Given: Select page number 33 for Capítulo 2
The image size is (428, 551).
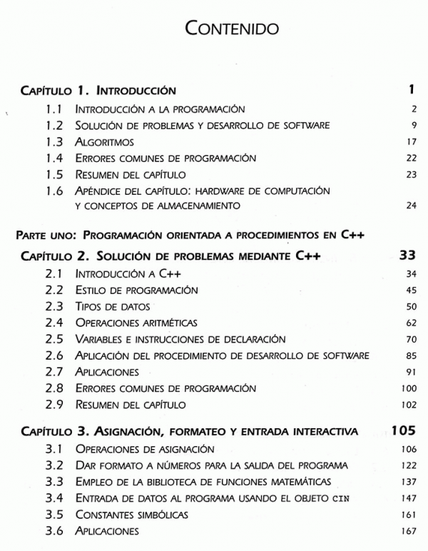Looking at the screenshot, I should pyautogui.click(x=407, y=256).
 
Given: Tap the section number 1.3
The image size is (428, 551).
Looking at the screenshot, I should pyautogui.click(x=56, y=142).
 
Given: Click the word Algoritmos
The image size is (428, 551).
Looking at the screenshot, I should pyautogui.click(x=104, y=142).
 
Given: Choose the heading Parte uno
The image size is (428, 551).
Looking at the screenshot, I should pyautogui.click(x=49, y=234).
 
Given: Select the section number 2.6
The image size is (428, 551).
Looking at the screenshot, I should pyautogui.click(x=56, y=355).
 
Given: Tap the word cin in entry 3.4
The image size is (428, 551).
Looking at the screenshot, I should pyautogui.click(x=341, y=497).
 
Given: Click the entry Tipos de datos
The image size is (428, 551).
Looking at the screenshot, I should pyautogui.click(x=113, y=306).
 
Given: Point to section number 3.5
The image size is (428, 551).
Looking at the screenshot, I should pyautogui.click(x=56, y=514).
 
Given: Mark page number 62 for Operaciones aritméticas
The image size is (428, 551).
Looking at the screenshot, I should pyautogui.click(x=410, y=323).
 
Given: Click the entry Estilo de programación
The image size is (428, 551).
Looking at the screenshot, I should pyautogui.click(x=136, y=290).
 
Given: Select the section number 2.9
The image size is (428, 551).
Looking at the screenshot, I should pyautogui.click(x=56, y=405).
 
